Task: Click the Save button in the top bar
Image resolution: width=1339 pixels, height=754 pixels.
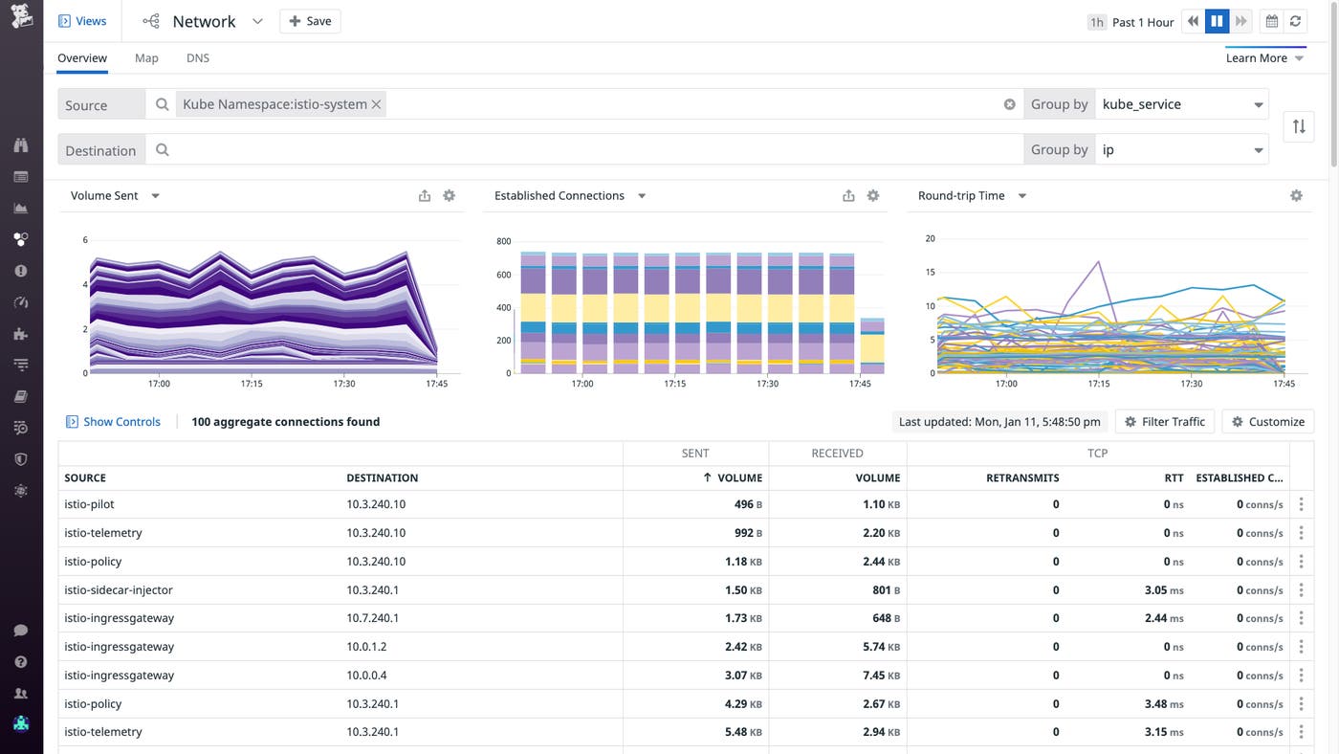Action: pyautogui.click(x=310, y=21)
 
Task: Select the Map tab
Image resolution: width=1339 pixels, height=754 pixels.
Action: pyautogui.click(x=146, y=58)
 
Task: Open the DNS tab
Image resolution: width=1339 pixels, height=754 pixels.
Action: pyautogui.click(x=198, y=58)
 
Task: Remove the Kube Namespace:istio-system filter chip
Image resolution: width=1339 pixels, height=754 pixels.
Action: pyautogui.click(x=377, y=104)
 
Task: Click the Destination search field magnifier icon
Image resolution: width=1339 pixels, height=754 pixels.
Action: pyautogui.click(x=163, y=150)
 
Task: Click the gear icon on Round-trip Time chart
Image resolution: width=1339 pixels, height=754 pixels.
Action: pyautogui.click(x=1296, y=195)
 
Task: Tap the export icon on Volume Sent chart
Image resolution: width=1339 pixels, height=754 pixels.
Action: pyautogui.click(x=425, y=196)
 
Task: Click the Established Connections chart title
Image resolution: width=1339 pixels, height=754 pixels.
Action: pyautogui.click(x=560, y=195)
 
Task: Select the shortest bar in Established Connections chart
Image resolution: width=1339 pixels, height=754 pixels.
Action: pyautogui.click(x=872, y=346)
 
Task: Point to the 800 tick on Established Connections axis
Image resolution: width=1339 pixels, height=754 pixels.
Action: pyautogui.click(x=503, y=242)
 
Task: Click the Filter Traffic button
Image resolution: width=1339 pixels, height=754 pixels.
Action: pyautogui.click(x=1164, y=421)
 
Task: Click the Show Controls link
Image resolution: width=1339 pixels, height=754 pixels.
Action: pyautogui.click(x=121, y=421)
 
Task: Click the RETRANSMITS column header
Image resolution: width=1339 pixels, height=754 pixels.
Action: pyautogui.click(x=1021, y=477)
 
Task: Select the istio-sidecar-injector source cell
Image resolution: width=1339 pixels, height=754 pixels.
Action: pyautogui.click(x=119, y=589)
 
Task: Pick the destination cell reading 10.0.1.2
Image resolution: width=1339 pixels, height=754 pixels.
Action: pyautogui.click(x=366, y=647)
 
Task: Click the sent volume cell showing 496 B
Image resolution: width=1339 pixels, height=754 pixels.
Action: pyautogui.click(x=742, y=504)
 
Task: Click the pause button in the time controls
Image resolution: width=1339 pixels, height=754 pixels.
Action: pyautogui.click(x=1217, y=21)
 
